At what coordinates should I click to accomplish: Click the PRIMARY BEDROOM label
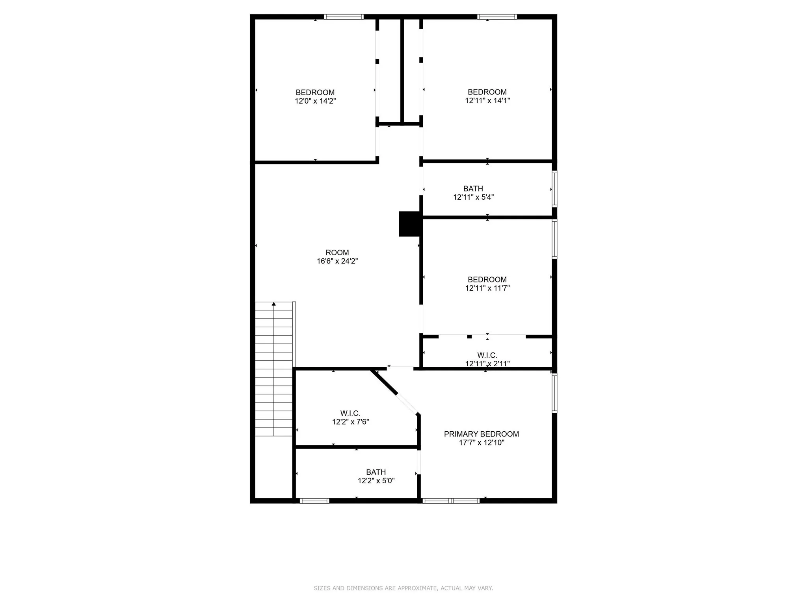coord(481,434)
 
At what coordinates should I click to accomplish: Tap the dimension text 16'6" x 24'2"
coord(337,261)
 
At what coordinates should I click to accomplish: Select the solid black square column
coord(410,224)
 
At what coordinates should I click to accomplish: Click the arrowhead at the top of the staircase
coord(274,304)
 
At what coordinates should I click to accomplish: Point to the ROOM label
coord(337,252)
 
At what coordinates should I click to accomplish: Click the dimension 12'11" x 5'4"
coord(473,197)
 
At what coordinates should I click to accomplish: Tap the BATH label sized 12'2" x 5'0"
coord(376,472)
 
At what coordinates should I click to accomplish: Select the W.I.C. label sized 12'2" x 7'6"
coord(350,413)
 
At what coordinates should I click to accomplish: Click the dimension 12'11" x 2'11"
coord(487,364)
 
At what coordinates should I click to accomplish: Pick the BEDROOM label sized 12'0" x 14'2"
coord(315,93)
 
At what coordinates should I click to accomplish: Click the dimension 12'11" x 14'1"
coord(487,100)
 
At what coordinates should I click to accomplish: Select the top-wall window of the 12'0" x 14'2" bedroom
coord(344,17)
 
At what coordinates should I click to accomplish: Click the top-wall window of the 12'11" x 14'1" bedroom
coord(496,17)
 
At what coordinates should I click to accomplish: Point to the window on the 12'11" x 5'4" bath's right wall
coord(554,189)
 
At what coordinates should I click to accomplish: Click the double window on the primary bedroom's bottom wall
coord(451,501)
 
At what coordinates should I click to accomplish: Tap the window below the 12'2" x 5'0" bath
coord(314,501)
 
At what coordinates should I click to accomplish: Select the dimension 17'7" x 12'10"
coord(481,443)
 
